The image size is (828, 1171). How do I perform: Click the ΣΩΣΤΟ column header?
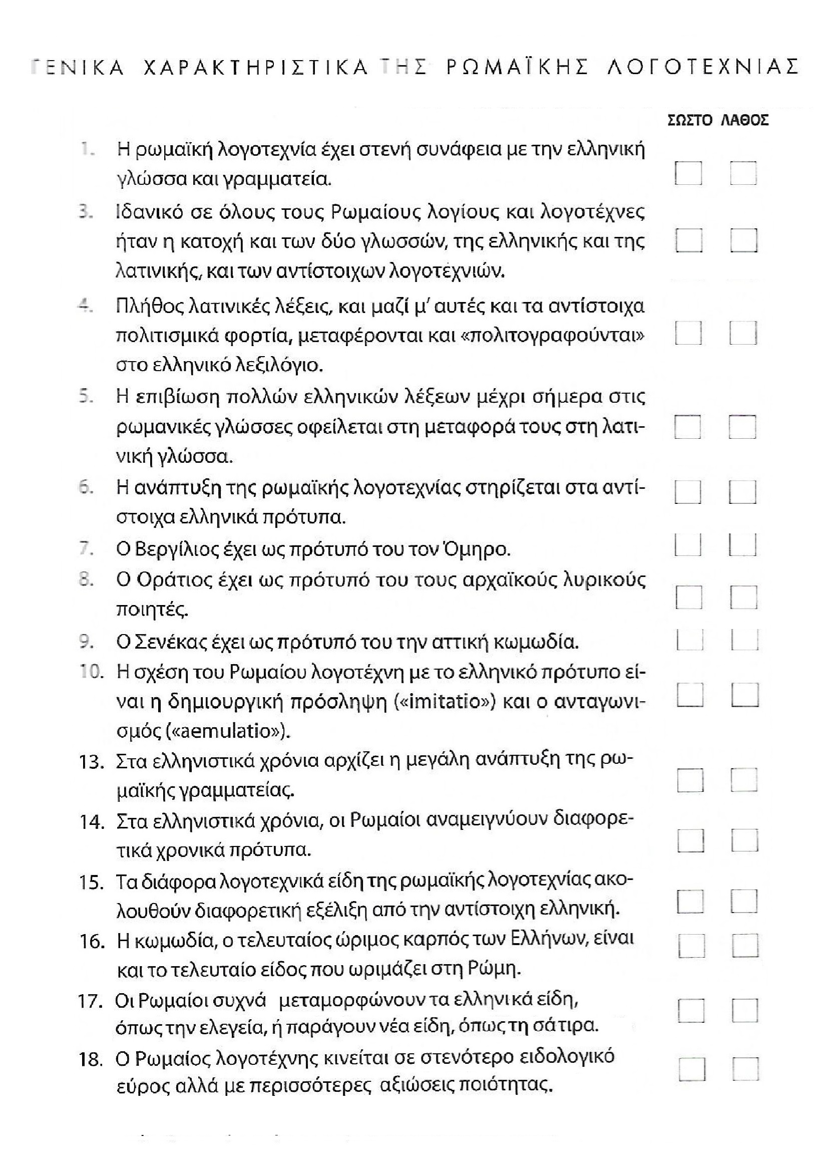pyautogui.click(x=690, y=120)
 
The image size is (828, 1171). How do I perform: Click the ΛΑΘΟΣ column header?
pyautogui.click(x=745, y=120)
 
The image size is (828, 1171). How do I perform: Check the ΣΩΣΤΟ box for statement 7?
pyautogui.click(x=687, y=545)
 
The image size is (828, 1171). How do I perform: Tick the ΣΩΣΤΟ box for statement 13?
pyautogui.click(x=690, y=780)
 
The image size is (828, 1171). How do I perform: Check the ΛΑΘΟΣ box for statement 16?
pyautogui.click(x=745, y=946)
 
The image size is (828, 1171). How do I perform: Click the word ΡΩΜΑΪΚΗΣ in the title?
pyautogui.click(x=518, y=67)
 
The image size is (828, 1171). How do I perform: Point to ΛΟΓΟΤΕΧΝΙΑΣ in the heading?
pyautogui.click(x=702, y=67)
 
